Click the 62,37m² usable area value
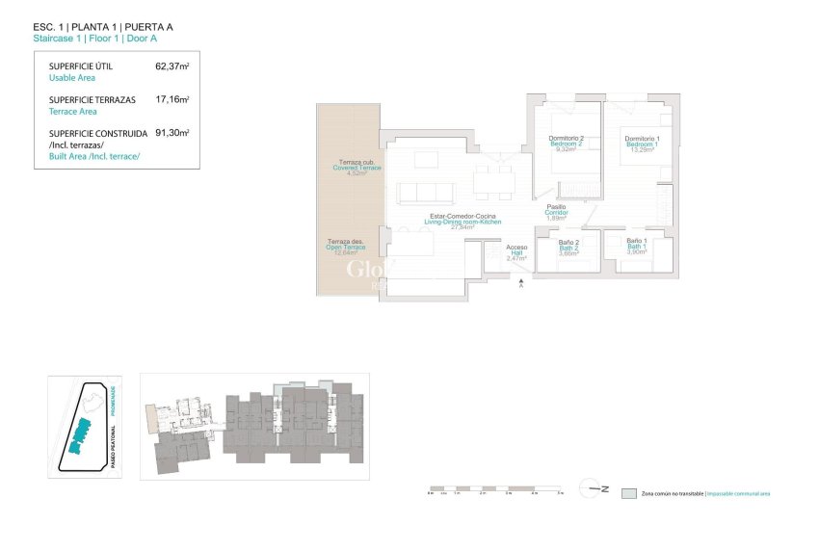point(172,67)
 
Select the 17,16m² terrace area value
point(172,99)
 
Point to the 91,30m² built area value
point(172,133)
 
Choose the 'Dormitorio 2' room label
point(567,140)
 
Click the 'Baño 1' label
point(636,240)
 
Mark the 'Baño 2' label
point(568,242)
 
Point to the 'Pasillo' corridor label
point(556,206)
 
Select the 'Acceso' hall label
point(516,248)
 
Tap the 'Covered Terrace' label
point(357,169)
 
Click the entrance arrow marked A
point(521,283)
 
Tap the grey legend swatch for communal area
point(630,492)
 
